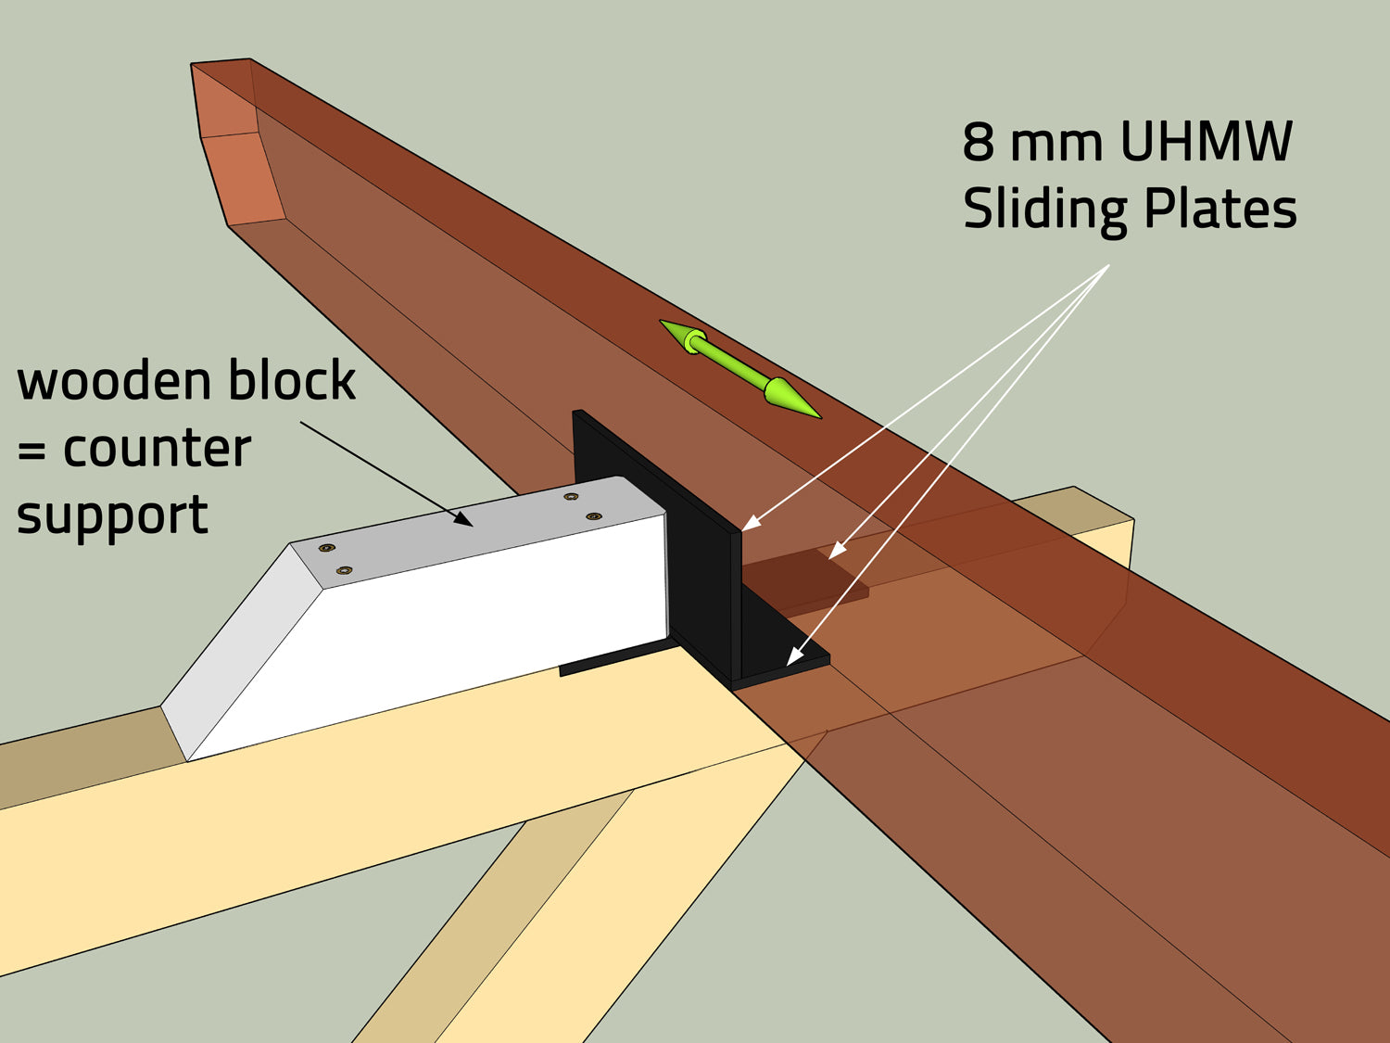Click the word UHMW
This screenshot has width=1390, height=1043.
[x=1206, y=143]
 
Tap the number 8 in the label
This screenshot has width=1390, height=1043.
[x=979, y=143]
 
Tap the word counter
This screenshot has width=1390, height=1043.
[x=157, y=449]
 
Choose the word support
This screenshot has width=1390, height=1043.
[x=111, y=516]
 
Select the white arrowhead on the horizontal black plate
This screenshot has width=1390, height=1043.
[x=792, y=657]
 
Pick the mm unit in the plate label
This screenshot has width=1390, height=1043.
[x=1055, y=143]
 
